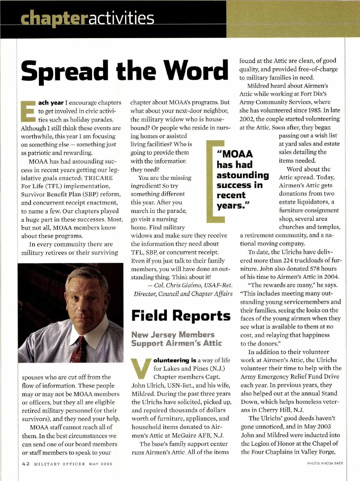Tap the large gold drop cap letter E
[28, 111]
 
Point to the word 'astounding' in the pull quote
[243, 175]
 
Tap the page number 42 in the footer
[26, 464]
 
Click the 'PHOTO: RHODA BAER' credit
[325, 463]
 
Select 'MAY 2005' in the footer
[100, 464]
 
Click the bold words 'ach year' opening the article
[51, 103]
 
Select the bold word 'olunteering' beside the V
[171, 360]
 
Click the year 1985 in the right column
[313, 110]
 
